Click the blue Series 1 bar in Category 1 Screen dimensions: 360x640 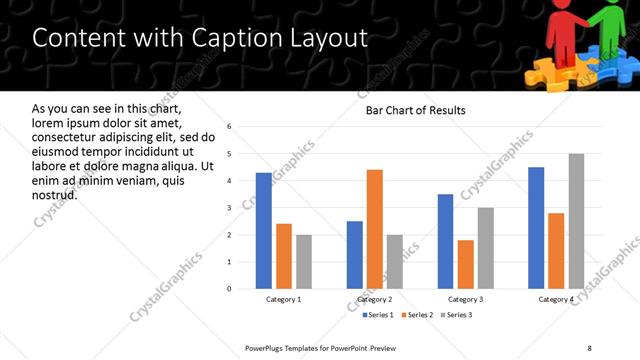point(263,231)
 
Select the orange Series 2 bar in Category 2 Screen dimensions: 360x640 point(375,229)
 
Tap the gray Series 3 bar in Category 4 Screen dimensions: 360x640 point(576,221)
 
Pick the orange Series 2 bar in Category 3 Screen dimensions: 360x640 point(465,264)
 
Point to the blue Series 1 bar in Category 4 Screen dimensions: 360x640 point(536,228)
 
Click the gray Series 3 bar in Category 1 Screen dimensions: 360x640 point(304,262)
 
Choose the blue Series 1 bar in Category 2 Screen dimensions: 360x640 point(354,255)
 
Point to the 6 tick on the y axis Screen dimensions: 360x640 point(229,127)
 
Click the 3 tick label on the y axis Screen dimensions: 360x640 point(229,208)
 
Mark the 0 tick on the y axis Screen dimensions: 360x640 point(229,289)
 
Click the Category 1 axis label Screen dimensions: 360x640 point(283,299)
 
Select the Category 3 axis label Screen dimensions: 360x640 point(465,299)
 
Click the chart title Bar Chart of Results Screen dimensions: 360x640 point(415,110)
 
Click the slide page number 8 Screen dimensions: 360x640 point(590,348)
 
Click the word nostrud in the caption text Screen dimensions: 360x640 point(54,194)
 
